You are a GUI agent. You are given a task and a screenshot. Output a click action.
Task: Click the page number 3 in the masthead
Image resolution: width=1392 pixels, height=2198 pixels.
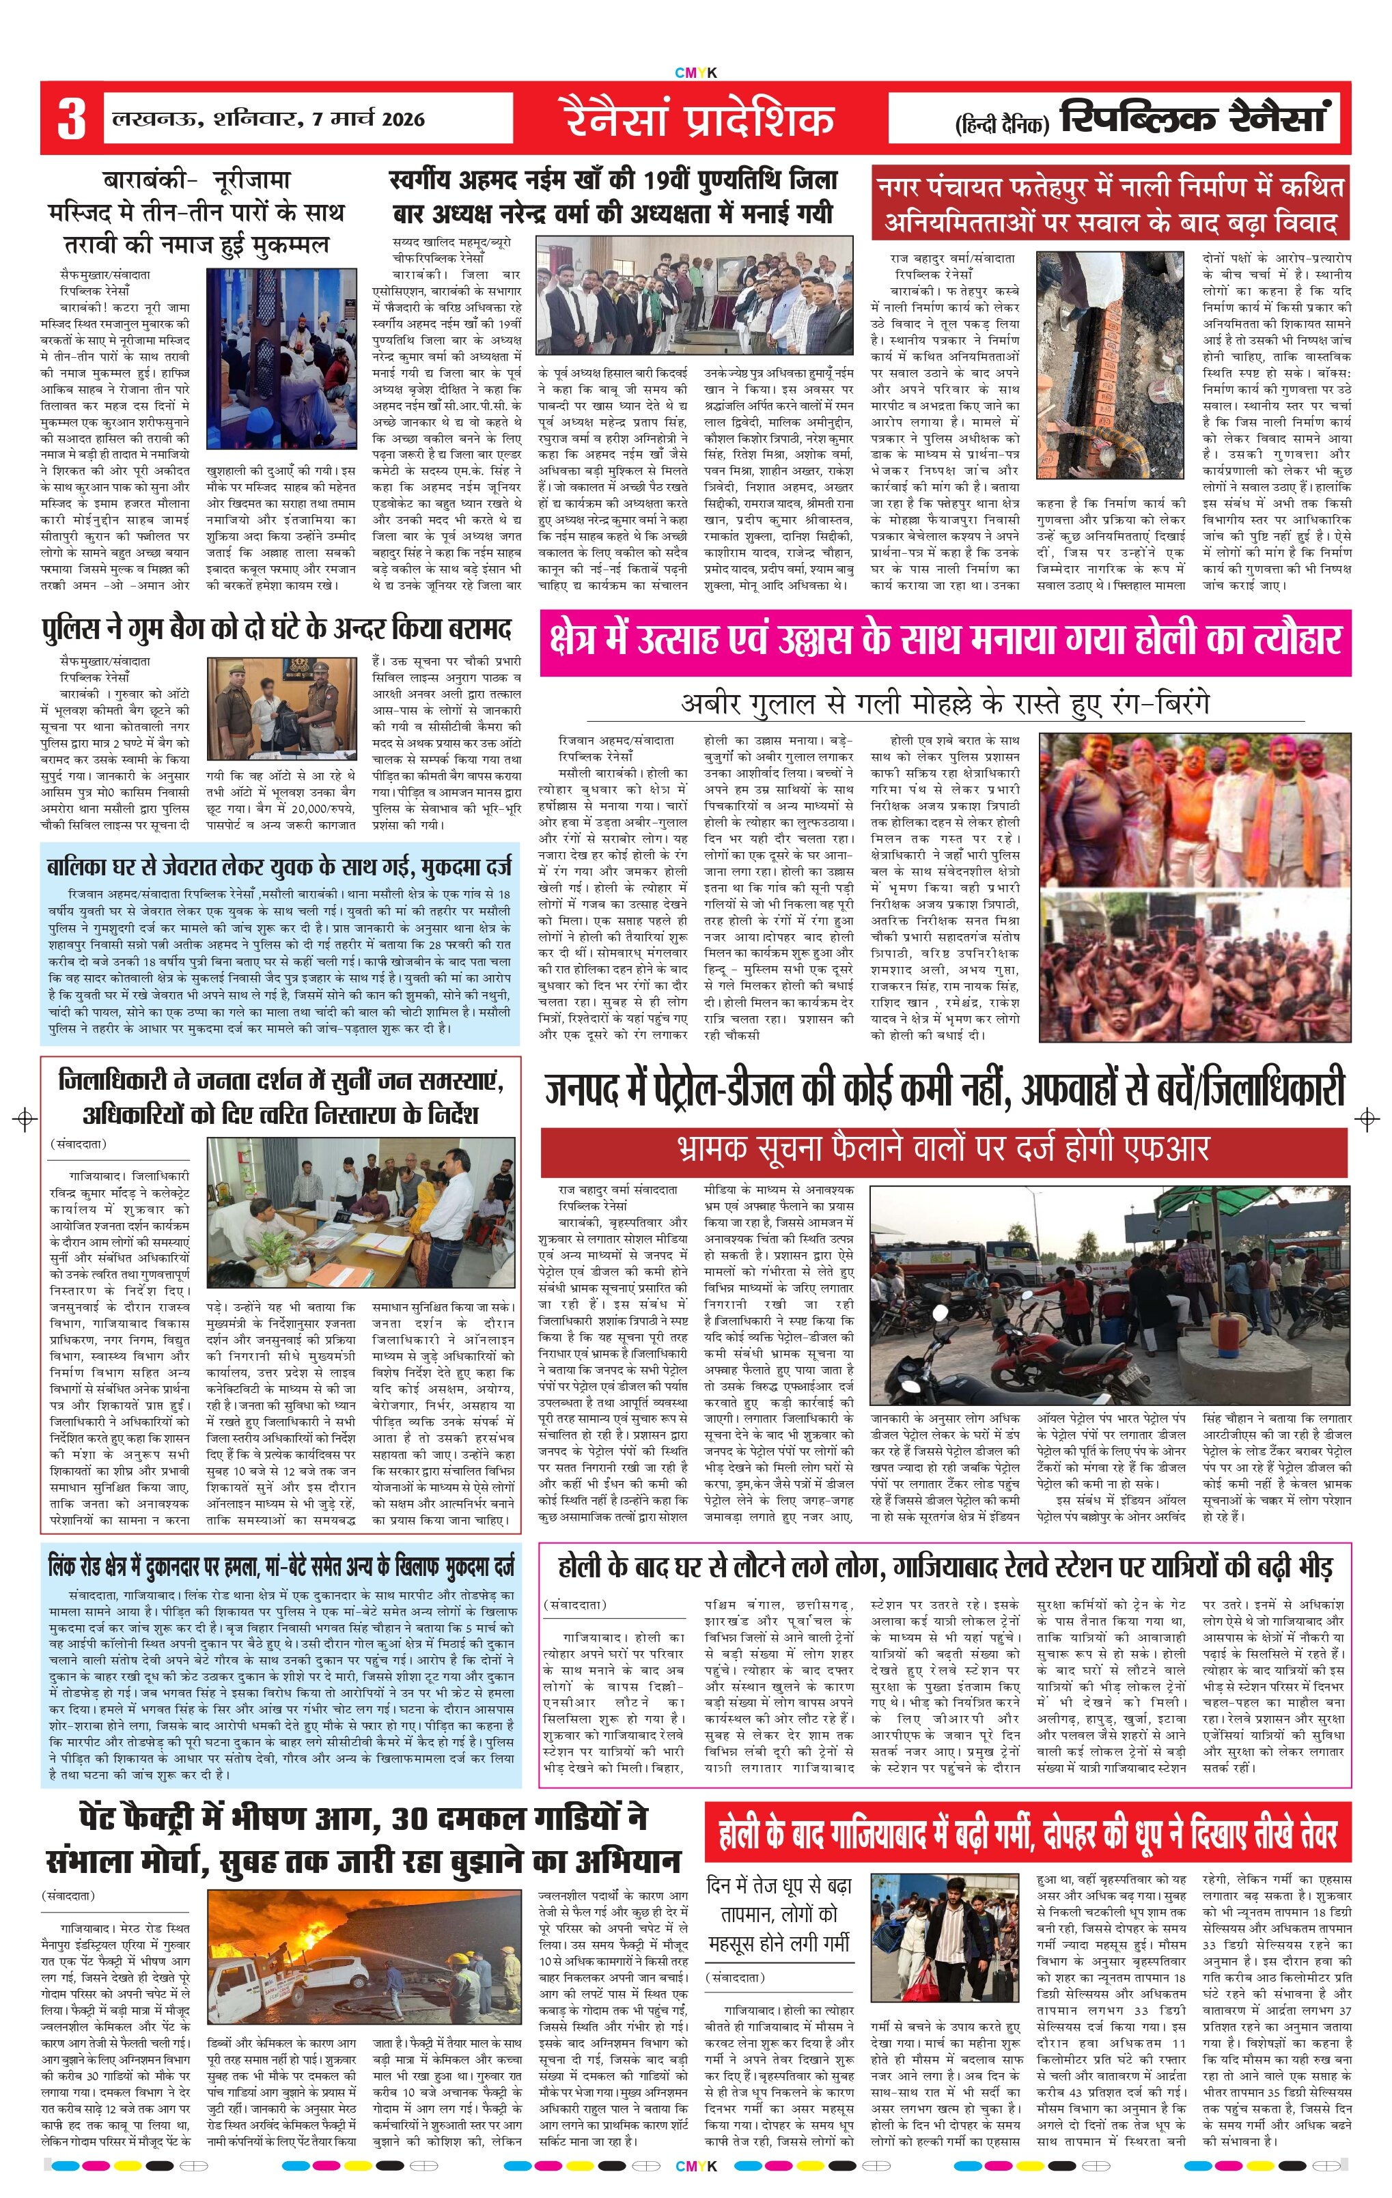click(71, 119)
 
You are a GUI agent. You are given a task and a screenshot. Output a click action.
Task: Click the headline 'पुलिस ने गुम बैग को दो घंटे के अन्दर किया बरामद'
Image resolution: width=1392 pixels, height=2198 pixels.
click(277, 630)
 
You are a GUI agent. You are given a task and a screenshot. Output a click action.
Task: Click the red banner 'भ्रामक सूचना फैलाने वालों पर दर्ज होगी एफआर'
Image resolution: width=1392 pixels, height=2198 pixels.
click(944, 1150)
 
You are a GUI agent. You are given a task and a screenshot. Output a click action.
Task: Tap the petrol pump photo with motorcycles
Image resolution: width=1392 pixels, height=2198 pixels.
click(1109, 1295)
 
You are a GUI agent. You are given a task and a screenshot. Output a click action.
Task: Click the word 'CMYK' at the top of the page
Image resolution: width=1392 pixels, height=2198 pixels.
click(695, 73)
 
